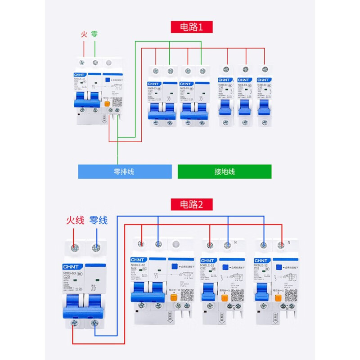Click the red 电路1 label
coord(191,27)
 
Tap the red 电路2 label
coord(191,205)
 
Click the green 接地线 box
coord(225,171)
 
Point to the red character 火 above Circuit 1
coord(84,34)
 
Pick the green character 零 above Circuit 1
coord(94,34)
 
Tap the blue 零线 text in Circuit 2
coord(98,220)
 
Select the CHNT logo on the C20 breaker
coord(72,266)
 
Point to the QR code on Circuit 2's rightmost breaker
coord(290,295)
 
